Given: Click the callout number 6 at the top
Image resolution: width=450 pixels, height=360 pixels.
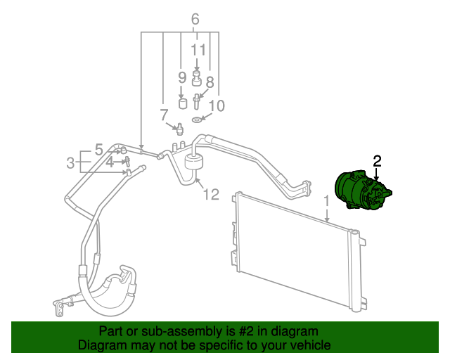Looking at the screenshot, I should click(x=195, y=19).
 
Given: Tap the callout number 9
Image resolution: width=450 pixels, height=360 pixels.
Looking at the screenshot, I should click(x=181, y=77).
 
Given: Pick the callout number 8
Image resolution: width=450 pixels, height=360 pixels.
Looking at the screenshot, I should click(x=210, y=82).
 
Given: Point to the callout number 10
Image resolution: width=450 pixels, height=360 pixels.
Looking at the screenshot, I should click(x=217, y=106).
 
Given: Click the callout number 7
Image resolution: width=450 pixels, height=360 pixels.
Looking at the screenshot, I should click(x=164, y=115).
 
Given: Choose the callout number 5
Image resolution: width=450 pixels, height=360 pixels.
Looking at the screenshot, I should click(x=98, y=149).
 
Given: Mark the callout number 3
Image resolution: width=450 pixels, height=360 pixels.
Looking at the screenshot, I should click(x=70, y=163).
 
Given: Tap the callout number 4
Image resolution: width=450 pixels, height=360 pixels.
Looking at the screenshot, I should click(x=110, y=162).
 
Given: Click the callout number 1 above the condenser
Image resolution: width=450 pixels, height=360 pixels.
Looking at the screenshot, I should click(x=326, y=202).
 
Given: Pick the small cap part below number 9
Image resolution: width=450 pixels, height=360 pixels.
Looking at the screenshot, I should click(x=184, y=104).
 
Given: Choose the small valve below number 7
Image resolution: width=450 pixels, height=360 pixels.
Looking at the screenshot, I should click(x=179, y=129).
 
